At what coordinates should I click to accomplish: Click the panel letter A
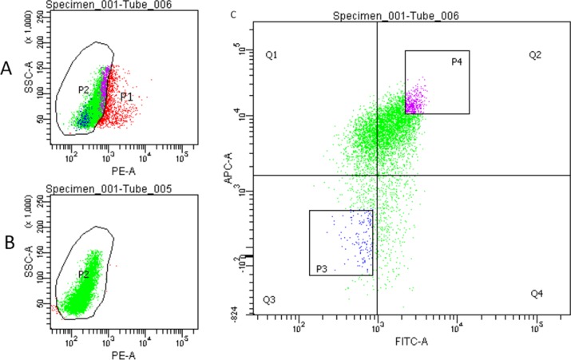[x=9, y=69]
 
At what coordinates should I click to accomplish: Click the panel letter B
[x=9, y=239]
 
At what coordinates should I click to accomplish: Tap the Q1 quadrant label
[x=272, y=55]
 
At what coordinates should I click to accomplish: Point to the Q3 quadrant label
[x=270, y=300]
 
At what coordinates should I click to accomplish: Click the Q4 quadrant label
[x=537, y=295]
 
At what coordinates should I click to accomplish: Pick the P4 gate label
[x=457, y=61]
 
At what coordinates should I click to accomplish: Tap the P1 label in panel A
[x=125, y=97]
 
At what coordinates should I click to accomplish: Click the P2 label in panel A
[x=83, y=90]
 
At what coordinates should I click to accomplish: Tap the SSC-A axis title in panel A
[x=30, y=80]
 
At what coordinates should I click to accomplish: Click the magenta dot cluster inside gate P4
[x=415, y=100]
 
